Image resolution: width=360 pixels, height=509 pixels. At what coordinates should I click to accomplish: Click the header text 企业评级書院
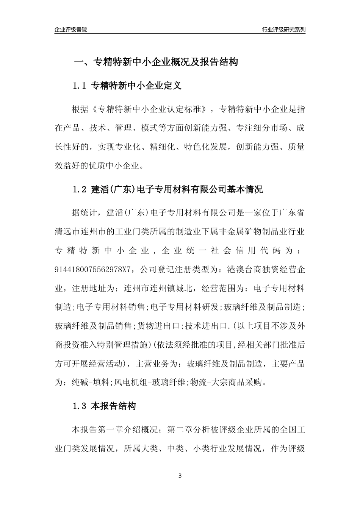click(x=71, y=30)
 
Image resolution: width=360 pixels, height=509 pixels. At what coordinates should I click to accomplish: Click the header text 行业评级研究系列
click(x=283, y=30)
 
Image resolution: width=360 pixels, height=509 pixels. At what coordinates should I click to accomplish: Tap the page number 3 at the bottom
click(x=180, y=475)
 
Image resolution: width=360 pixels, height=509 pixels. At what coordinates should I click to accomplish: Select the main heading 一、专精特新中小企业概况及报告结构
click(x=155, y=62)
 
